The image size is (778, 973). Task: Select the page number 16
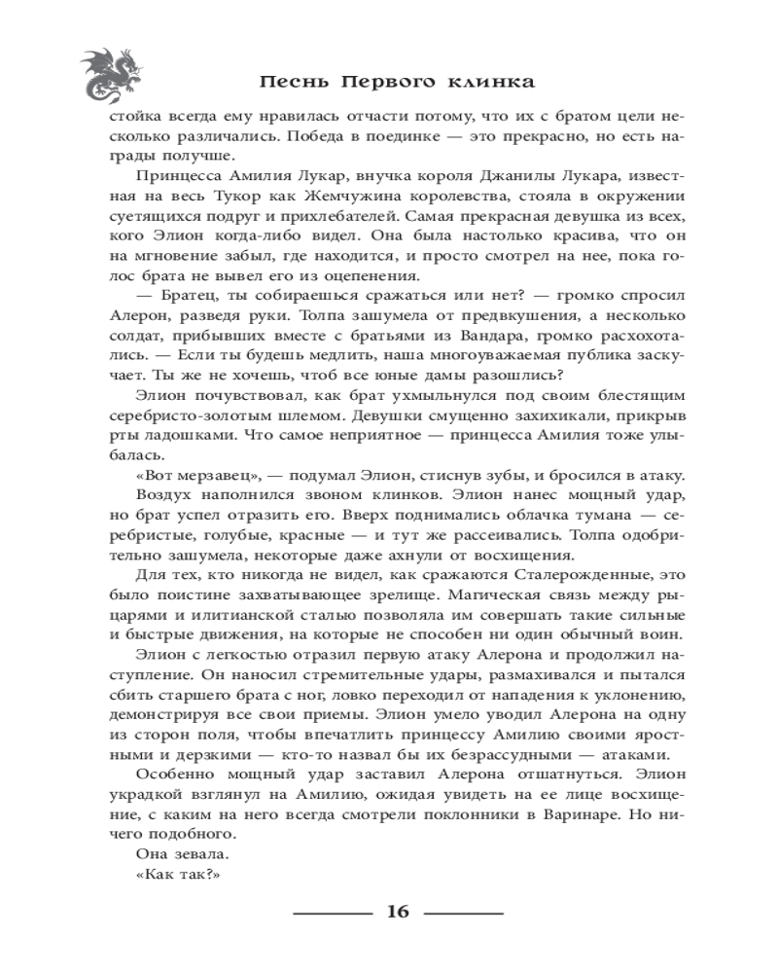pyautogui.click(x=399, y=912)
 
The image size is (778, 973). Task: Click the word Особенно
pyautogui.click(x=176, y=775)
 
